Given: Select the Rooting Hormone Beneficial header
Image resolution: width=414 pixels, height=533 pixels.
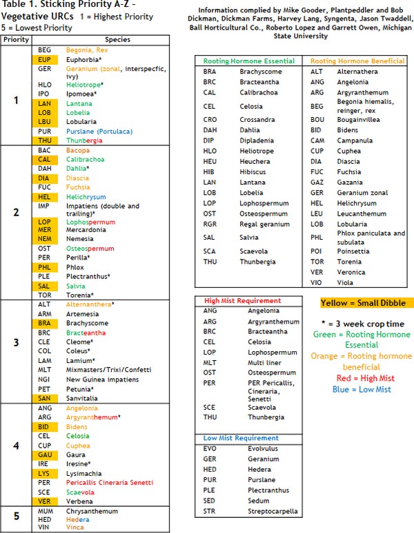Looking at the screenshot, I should point(357,61).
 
